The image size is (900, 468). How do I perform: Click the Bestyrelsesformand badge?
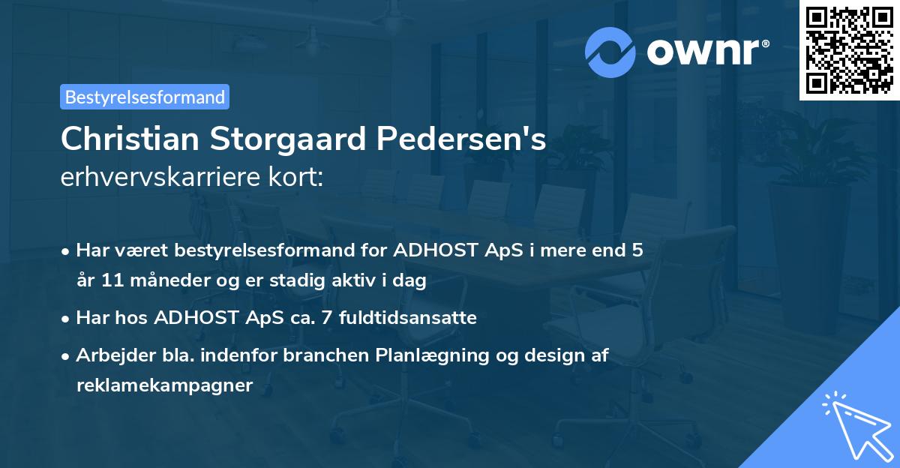145,97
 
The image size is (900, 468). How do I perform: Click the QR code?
850,50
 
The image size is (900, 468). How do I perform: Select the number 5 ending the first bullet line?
637,250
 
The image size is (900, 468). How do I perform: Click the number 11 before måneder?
109,281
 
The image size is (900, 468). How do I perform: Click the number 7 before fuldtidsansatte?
325,317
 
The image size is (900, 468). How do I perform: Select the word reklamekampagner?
164,385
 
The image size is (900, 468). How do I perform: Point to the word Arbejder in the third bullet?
108,355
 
